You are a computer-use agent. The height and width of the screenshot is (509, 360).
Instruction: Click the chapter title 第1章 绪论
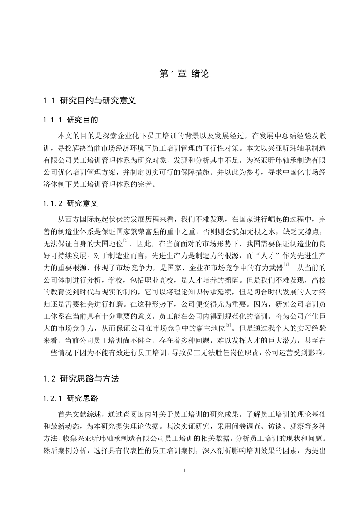[184, 73]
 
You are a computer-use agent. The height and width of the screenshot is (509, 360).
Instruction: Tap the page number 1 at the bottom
[184, 470]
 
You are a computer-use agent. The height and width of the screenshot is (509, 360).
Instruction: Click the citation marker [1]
[126, 240]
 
